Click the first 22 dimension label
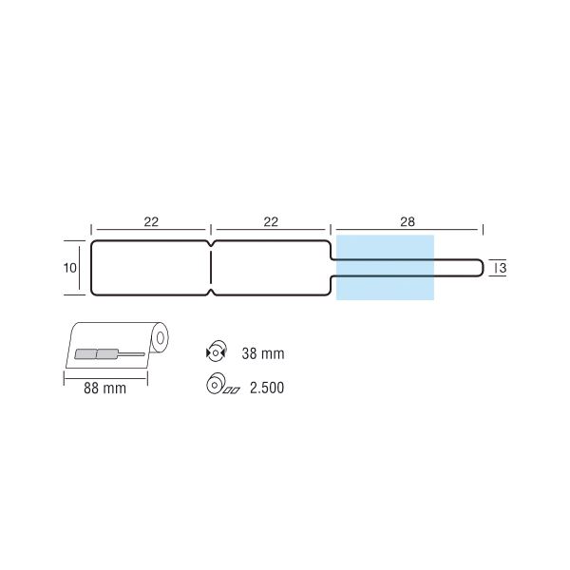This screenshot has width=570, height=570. coord(151,222)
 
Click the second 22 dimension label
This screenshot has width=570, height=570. coord(271,222)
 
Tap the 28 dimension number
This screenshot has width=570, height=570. coord(407,222)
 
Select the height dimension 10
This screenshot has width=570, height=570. coord(69,268)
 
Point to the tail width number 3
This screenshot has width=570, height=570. coord(501,269)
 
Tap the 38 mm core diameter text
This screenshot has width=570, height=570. coord(263,353)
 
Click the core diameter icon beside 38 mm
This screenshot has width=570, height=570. coord(216,352)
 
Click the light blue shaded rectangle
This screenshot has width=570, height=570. coord(385,268)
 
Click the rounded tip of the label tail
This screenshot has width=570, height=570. coord(480,268)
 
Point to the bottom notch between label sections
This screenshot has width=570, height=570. coord(211,290)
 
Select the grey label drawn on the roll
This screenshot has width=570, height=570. coord(96,354)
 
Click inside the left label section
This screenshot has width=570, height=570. coord(150,268)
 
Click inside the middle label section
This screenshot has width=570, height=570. coord(271,268)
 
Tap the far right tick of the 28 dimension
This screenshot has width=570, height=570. coord(483,229)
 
